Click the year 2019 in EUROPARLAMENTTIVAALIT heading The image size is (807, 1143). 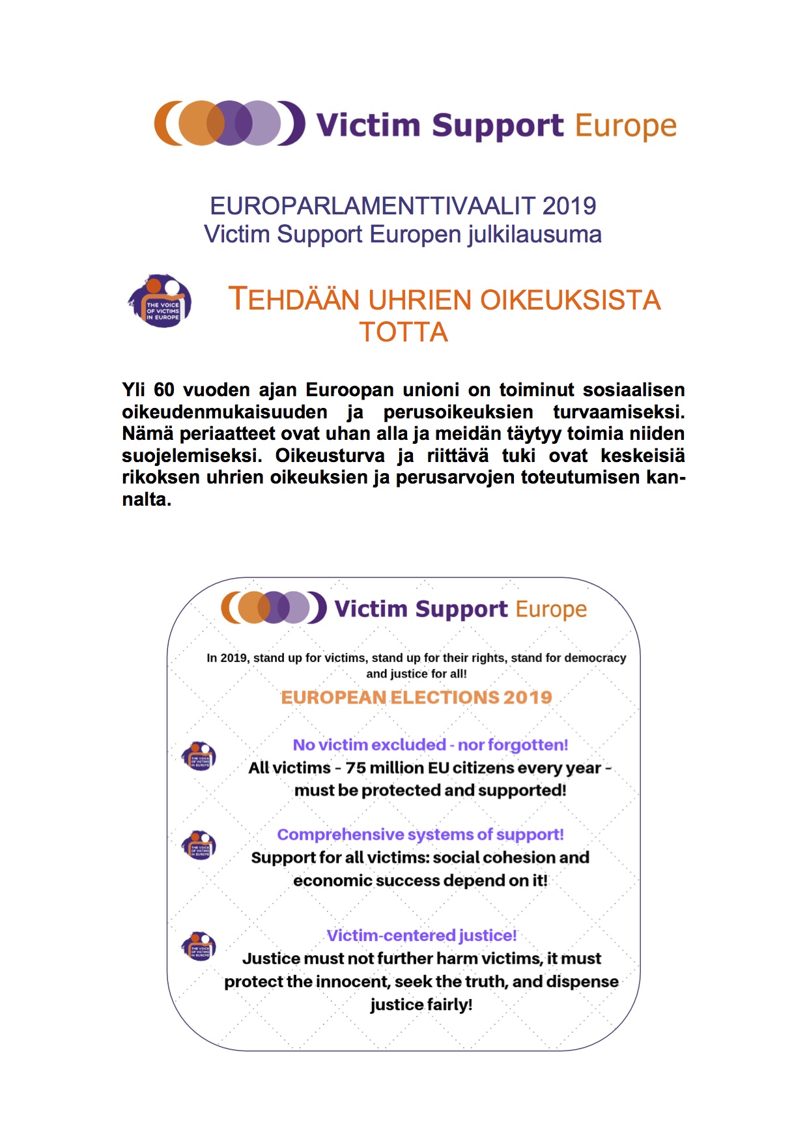569,206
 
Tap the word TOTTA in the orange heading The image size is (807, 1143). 403,332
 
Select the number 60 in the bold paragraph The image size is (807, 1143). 164,390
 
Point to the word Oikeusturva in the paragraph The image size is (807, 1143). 330,456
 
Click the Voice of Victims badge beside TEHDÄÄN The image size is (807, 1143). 160,301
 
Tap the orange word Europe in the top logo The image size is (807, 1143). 625,125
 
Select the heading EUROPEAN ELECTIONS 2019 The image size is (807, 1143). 416,697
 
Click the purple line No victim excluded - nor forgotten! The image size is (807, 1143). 430,745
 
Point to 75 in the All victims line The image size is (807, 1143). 356,768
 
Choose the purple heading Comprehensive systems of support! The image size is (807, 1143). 420,835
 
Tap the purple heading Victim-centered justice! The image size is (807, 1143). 421,936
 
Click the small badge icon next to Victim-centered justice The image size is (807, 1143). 199,946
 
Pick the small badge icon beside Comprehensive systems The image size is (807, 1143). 199,845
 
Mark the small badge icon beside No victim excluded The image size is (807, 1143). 199,756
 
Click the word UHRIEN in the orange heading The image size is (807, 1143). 421,300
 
